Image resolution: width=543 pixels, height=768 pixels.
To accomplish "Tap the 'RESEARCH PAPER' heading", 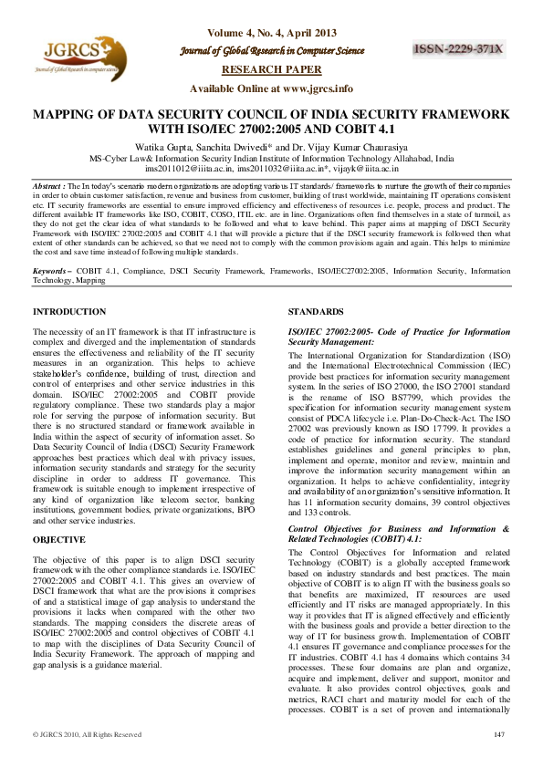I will click(271, 69).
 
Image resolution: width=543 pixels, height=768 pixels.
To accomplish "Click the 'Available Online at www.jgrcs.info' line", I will click(271, 88).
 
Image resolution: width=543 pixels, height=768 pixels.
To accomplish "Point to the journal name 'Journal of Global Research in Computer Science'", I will click(271, 51).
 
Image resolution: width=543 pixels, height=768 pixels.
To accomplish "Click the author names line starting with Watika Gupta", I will click(271, 146).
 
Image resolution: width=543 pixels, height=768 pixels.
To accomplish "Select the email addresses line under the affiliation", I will click(271, 169).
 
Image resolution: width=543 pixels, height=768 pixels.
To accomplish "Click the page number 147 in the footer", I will click(498, 735).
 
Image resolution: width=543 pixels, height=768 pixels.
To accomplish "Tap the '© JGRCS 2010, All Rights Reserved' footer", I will click(88, 735).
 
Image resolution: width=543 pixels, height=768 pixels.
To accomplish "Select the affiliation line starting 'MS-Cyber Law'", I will click(271, 158).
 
